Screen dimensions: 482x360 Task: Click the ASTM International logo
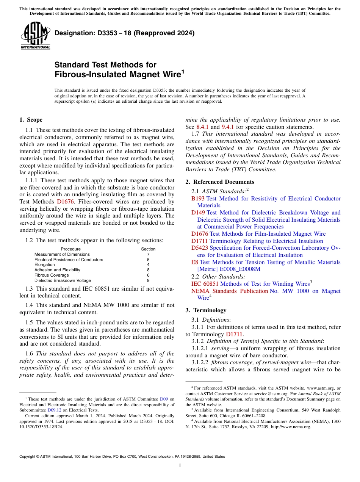click(x=35, y=35)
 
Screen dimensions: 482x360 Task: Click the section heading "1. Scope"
click(x=31, y=120)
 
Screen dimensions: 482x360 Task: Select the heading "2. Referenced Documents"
click(x=220, y=182)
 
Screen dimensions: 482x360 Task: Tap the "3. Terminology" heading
click(x=206, y=310)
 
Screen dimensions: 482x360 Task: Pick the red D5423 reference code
click(x=200, y=248)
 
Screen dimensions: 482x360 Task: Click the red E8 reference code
click(x=195, y=262)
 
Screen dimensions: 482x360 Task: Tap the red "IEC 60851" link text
click(x=205, y=284)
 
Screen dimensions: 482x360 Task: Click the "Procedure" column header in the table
click(x=71, y=249)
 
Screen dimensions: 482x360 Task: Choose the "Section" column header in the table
click(x=148, y=249)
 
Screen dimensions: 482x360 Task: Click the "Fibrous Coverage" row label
click(x=52, y=275)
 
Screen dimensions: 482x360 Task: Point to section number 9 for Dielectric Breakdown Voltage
click(x=148, y=280)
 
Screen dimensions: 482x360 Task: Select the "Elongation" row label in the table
click(x=44, y=264)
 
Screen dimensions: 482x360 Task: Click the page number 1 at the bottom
click(x=180, y=465)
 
